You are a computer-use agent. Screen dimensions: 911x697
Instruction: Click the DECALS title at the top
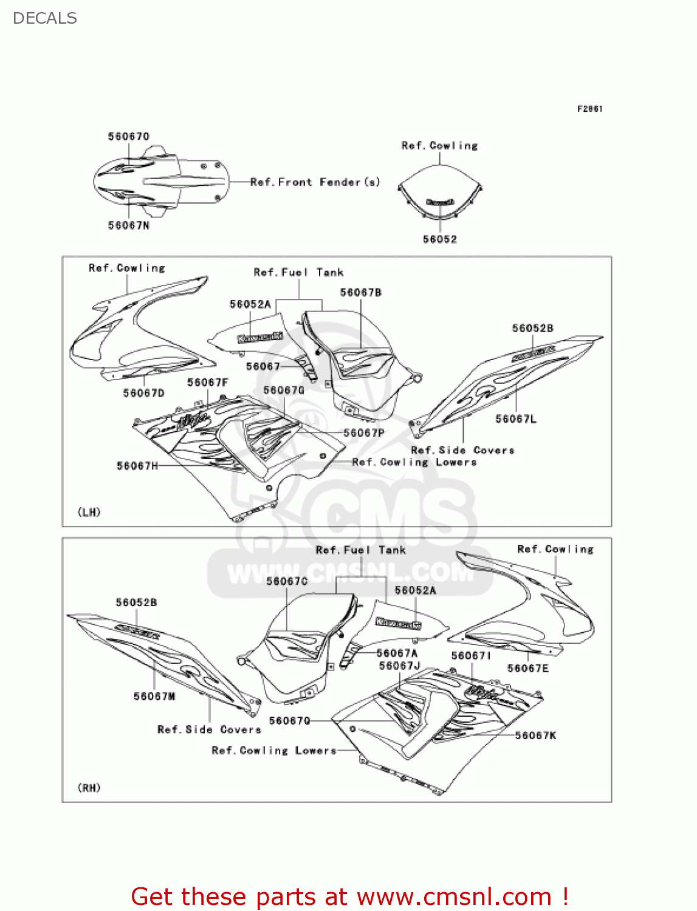point(44,18)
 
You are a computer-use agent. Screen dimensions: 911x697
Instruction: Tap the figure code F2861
point(589,109)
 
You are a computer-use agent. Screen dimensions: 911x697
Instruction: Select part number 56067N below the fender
point(129,225)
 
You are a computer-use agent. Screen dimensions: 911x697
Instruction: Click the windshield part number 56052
point(439,239)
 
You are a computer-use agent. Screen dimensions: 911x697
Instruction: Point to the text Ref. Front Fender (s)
point(315,182)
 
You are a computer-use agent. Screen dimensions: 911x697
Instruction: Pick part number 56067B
point(361,293)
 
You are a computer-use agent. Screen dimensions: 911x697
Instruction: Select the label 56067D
point(144,393)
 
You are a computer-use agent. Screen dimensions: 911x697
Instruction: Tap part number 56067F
point(208,382)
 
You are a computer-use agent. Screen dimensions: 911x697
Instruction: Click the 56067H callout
point(137,466)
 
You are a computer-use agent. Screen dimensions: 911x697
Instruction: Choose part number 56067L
point(516,418)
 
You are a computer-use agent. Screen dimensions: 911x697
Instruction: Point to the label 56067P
point(364,432)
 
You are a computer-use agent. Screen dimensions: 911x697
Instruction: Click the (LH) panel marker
point(89,512)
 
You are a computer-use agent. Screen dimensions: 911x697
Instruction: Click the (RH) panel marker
point(89,788)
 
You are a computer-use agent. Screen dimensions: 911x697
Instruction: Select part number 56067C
point(287,581)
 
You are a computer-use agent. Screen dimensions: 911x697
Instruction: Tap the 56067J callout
point(400,666)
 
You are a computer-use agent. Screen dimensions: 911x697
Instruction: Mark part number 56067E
point(528,668)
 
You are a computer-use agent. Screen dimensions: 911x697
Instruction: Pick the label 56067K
point(536,735)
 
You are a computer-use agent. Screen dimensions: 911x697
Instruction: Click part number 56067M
point(154,696)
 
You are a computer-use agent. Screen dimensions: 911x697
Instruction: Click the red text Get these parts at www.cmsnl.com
point(349,896)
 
